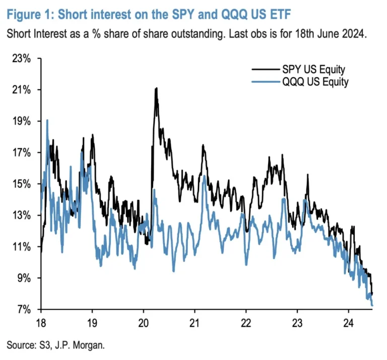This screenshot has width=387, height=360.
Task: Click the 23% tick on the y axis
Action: click(22, 58)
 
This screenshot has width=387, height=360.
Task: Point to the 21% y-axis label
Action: click(22, 90)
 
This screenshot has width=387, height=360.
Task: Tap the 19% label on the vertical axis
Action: click(22, 121)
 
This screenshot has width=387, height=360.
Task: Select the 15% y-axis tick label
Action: click(22, 184)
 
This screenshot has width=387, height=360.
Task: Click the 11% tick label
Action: click(22, 247)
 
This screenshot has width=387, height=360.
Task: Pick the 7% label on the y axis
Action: click(24, 309)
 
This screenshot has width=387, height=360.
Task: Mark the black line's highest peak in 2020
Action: click(156, 88)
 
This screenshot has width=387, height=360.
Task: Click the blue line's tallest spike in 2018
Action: click(47, 120)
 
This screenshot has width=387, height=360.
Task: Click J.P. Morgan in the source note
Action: click(81, 345)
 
